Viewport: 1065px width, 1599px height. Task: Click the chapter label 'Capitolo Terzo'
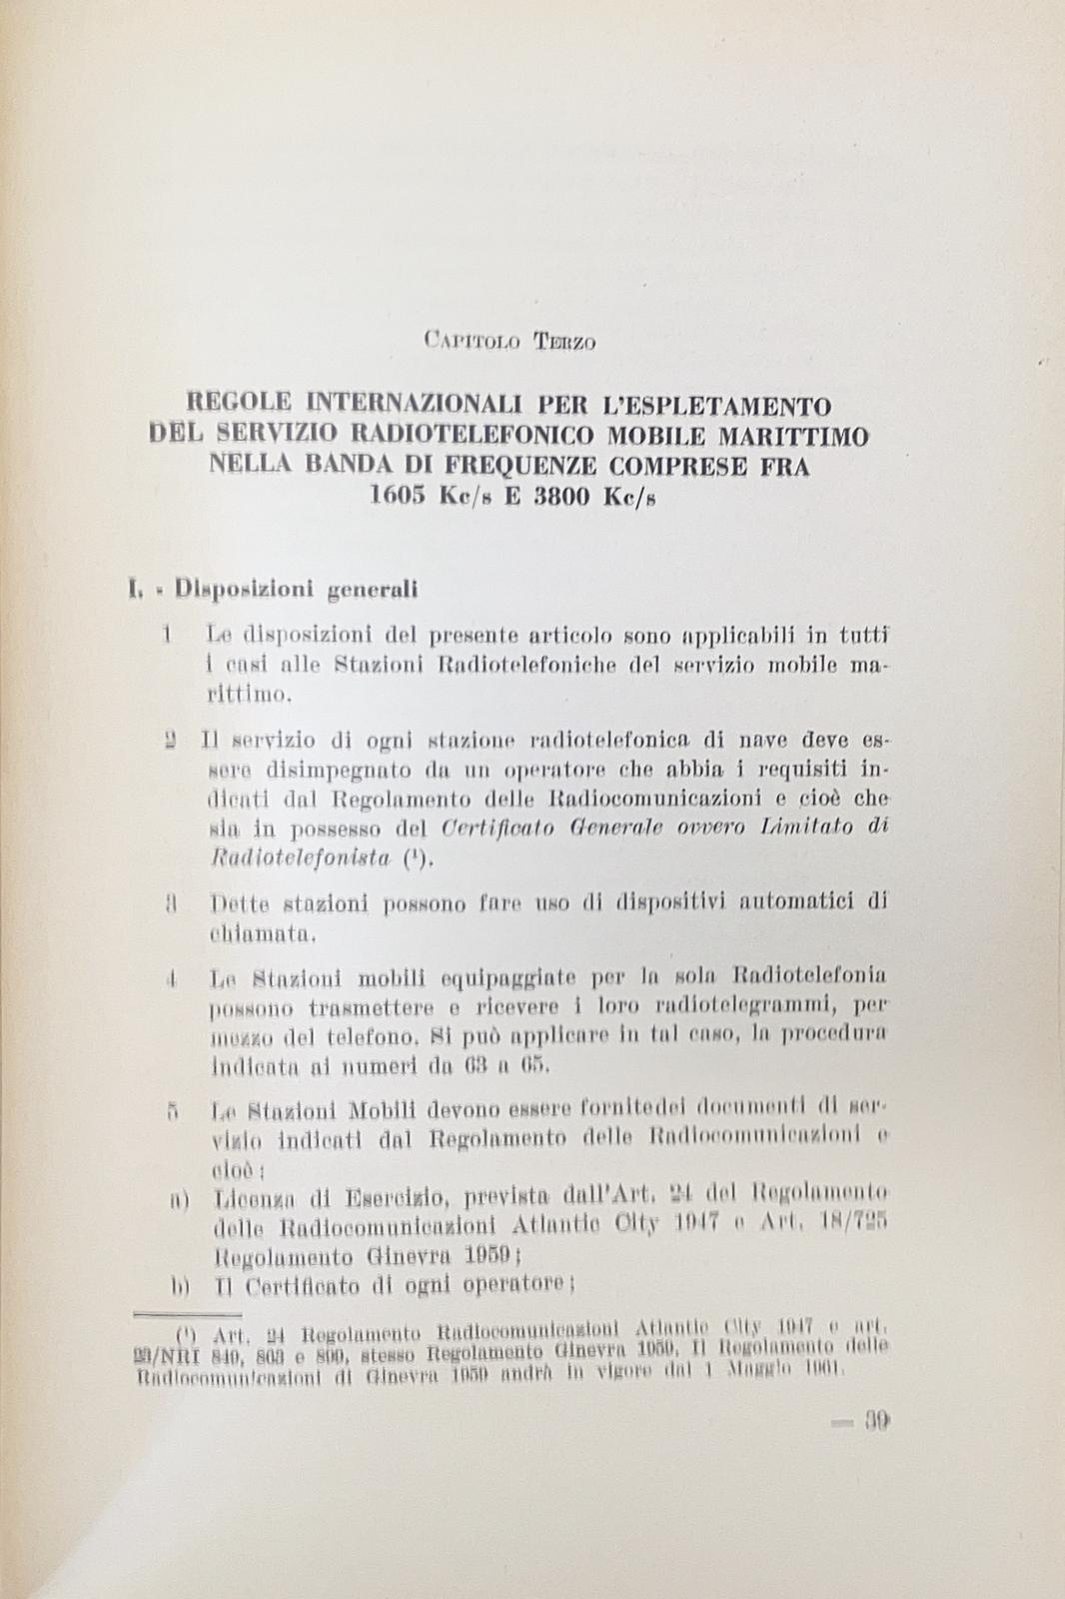[x=510, y=342]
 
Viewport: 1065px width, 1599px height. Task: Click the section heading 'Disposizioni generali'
[x=296, y=590]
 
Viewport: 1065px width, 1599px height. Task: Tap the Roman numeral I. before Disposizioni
[x=137, y=590]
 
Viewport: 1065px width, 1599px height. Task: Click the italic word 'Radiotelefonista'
[x=302, y=856]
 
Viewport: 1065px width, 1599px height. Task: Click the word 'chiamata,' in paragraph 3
[x=250, y=935]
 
